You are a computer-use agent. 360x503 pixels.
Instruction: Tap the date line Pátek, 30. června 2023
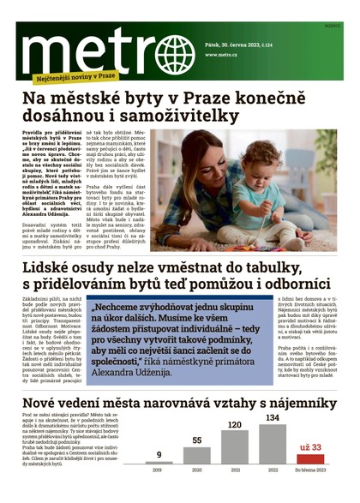(x=239, y=31)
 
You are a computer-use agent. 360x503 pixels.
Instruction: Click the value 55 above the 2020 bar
(x=195, y=440)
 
